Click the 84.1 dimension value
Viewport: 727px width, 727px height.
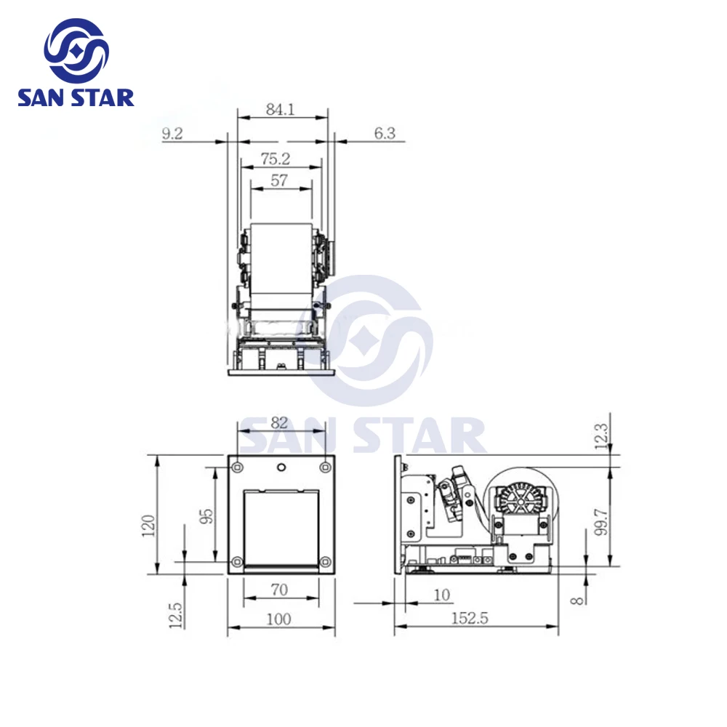click(x=280, y=109)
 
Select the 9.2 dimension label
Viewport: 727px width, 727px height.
click(x=172, y=134)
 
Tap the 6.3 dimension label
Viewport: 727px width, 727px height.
click(x=385, y=134)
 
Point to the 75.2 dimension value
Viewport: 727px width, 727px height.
click(x=276, y=158)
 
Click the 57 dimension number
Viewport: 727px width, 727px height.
click(x=279, y=180)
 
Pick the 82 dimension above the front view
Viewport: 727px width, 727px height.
click(x=279, y=422)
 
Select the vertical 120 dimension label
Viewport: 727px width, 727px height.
click(x=148, y=526)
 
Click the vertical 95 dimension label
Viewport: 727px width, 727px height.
click(x=206, y=516)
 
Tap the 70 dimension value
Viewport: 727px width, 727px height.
click(x=279, y=590)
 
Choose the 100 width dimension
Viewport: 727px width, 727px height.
click(x=278, y=619)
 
